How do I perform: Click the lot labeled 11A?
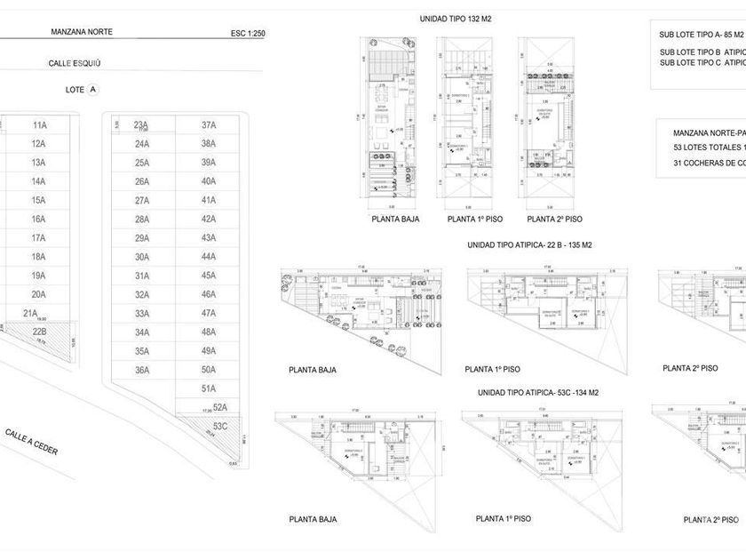pos(38,125)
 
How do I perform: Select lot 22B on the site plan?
pos(38,332)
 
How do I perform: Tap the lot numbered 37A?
pos(209,125)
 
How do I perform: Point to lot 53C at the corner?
pos(221,426)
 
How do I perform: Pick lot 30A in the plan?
pos(141,257)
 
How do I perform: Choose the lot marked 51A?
pos(209,388)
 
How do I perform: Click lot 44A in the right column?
pos(209,257)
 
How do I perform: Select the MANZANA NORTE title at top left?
pos(83,32)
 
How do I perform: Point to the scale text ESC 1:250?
pos(248,34)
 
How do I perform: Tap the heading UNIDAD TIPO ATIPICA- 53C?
pos(539,392)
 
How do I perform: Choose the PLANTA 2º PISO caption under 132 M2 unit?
pos(555,219)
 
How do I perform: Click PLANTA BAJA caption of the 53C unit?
pos(313,519)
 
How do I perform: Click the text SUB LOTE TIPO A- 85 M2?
pos(701,35)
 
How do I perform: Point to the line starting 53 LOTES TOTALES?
pos(709,147)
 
